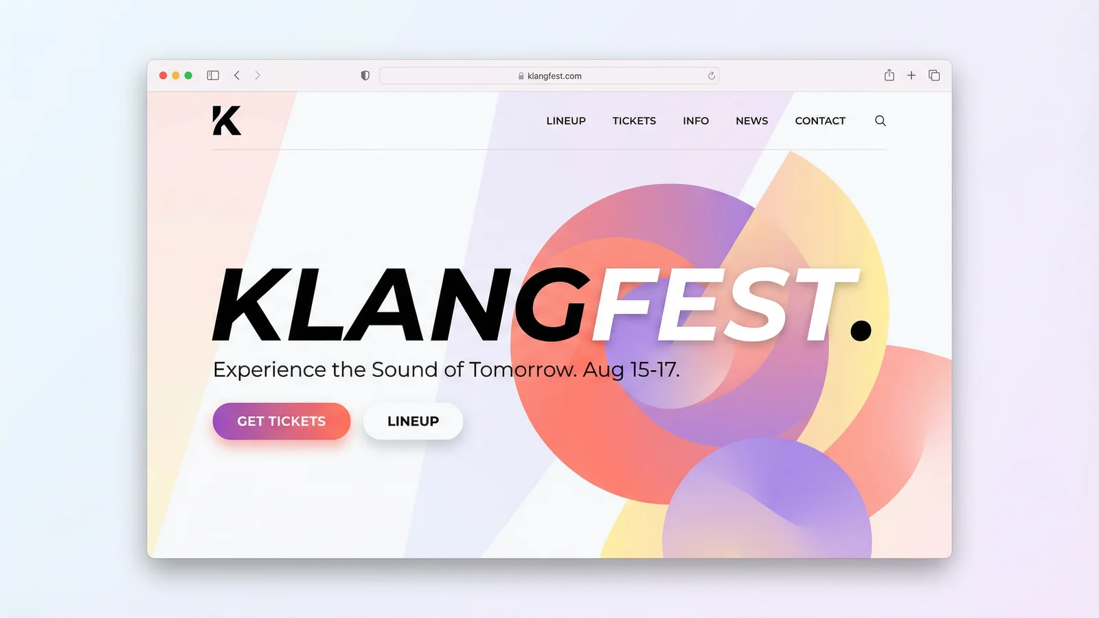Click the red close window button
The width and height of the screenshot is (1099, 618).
coord(163,76)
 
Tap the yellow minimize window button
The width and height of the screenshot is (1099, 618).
coord(176,76)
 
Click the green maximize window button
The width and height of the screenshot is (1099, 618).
coord(188,76)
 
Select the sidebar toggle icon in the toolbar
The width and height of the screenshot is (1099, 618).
coord(213,76)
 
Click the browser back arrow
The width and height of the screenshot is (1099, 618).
coord(237,76)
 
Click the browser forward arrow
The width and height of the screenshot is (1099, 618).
coord(258,76)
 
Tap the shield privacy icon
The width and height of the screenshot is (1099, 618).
coord(365,76)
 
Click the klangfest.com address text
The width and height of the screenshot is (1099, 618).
coord(554,76)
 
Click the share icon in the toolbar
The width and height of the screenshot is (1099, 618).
coord(890,75)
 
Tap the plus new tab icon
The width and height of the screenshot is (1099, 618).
coord(911,76)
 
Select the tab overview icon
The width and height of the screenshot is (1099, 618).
coord(934,76)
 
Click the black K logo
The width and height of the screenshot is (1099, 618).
coord(227,121)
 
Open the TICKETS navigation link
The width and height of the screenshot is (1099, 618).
coord(634,121)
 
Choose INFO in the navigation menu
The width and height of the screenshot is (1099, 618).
coord(696,121)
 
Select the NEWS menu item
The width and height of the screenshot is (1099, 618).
coord(752,121)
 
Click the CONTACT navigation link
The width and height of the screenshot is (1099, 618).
coord(820,121)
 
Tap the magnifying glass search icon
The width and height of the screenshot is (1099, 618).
coord(881,121)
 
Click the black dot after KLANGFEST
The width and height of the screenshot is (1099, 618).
coord(861,330)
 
